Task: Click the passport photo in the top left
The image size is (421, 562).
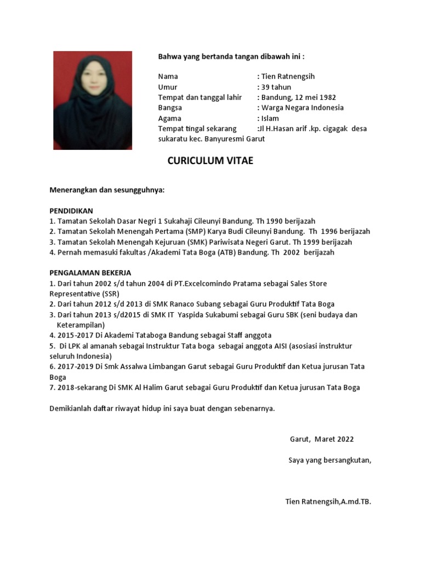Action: (92, 100)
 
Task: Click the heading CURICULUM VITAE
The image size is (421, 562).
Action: (210, 161)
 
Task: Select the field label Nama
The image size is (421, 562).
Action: (168, 76)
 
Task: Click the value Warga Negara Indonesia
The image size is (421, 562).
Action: (302, 108)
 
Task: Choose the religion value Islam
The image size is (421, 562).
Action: (270, 118)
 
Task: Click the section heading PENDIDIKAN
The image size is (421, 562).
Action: (71, 211)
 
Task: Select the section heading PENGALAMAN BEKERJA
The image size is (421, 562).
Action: (90, 273)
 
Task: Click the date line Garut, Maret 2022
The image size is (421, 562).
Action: (322, 439)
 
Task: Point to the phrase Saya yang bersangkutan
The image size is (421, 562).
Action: (329, 460)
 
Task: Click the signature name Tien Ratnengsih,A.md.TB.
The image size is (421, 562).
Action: (328, 502)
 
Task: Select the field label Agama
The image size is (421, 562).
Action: (169, 118)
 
